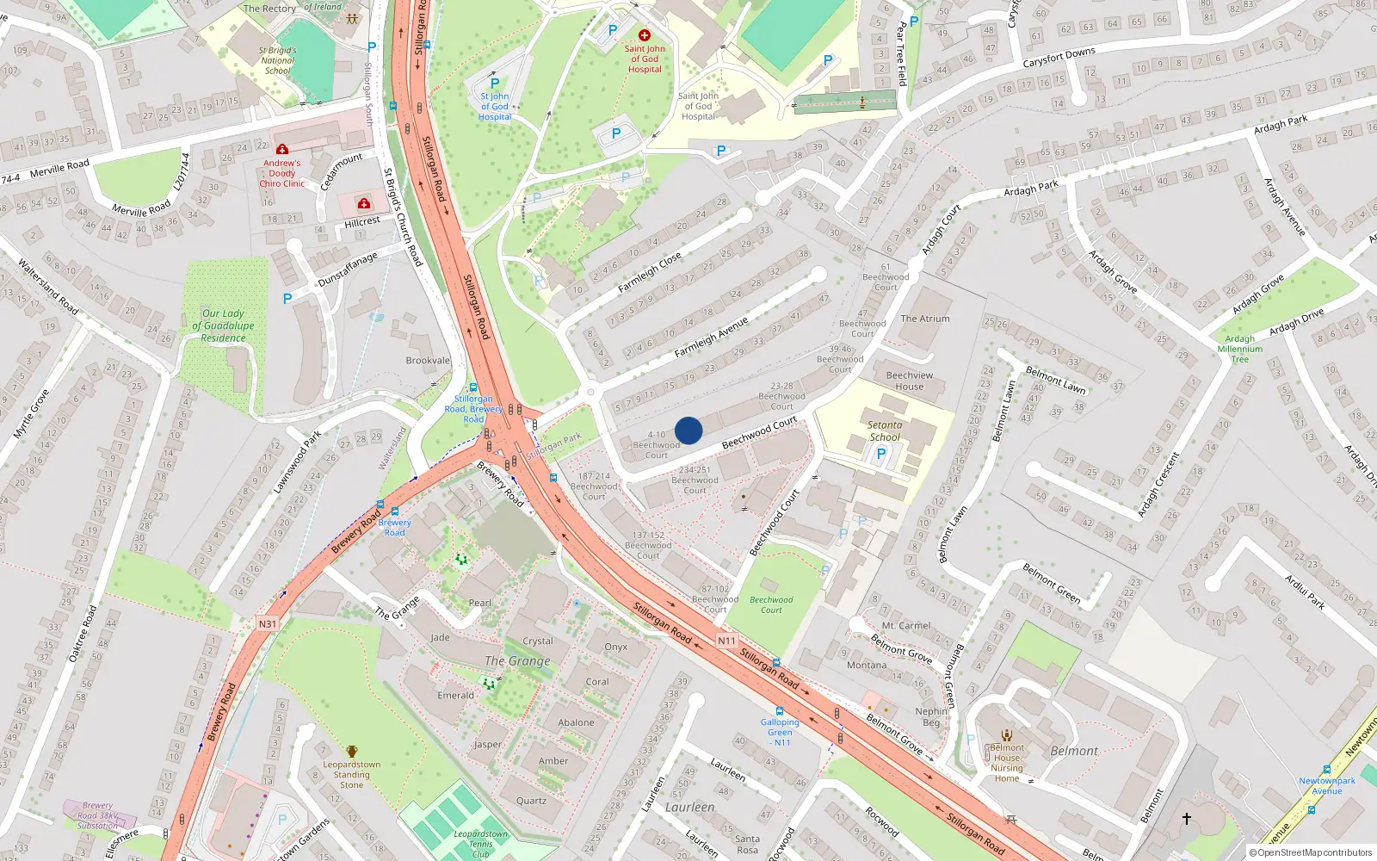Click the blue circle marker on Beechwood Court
688,430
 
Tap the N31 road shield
268,623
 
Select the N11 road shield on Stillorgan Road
727,641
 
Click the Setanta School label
885,430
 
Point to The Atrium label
925,319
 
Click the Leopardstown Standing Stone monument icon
351,752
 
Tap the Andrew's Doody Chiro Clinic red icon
282,149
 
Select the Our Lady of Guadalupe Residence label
223,325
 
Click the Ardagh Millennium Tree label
1240,349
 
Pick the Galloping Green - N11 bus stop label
780,732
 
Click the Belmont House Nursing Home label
1007,763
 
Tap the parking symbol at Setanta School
880,454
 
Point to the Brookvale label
428,361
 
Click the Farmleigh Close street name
650,272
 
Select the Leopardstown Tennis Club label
481,844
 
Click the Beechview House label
910,381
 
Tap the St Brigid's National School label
277,60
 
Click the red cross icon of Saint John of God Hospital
645,35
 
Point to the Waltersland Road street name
48,287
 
